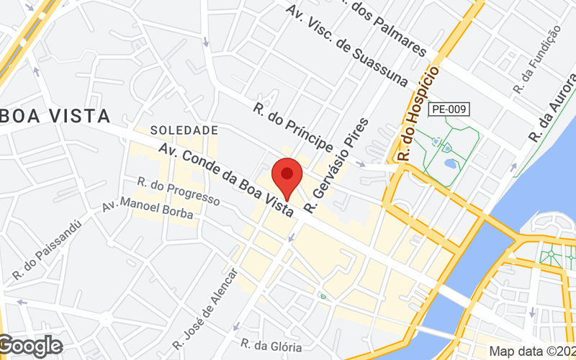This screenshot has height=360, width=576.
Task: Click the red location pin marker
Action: [x=287, y=175]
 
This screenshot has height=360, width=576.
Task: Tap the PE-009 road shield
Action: [x=449, y=109]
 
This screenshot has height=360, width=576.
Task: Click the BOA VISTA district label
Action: [x=55, y=116]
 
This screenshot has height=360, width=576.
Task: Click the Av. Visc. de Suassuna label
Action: [x=346, y=42]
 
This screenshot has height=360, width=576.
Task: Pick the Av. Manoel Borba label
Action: [x=143, y=206]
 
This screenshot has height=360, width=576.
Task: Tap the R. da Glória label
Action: [x=266, y=346]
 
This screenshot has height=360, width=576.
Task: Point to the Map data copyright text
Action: [x=532, y=351]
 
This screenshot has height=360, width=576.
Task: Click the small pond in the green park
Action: [x=450, y=164]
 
